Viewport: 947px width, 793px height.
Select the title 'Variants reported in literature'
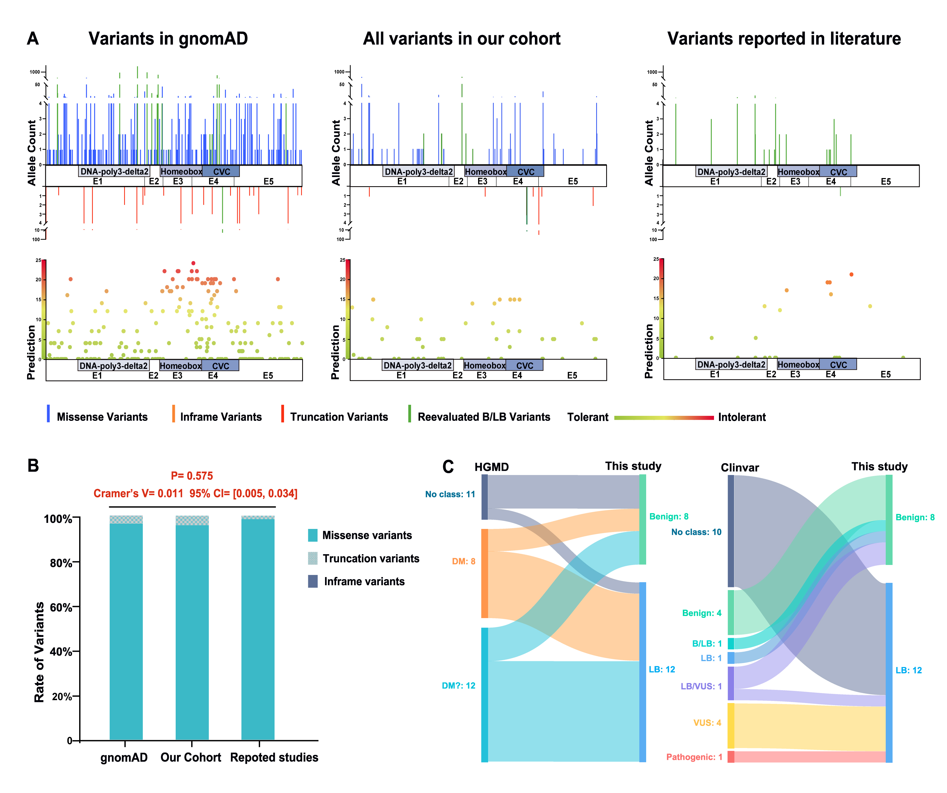784,39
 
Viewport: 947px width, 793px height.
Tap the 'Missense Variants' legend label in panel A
102,417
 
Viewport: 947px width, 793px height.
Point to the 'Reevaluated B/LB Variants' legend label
484,417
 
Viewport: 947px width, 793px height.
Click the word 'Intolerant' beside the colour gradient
742,417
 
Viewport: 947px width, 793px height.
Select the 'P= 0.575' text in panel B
192,476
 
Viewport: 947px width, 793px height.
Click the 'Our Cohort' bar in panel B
192,632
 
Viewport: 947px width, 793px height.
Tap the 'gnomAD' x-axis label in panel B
124,757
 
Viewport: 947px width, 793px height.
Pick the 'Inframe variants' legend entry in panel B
364,582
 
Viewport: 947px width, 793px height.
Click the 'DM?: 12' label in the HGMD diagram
458,686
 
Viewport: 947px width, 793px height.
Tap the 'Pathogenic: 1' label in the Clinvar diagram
694,757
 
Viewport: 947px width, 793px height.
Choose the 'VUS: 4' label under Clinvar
707,723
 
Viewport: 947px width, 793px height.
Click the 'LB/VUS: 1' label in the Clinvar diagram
701,686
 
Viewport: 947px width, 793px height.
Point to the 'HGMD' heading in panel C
492,467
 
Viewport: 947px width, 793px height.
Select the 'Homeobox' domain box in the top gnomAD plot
181,171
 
